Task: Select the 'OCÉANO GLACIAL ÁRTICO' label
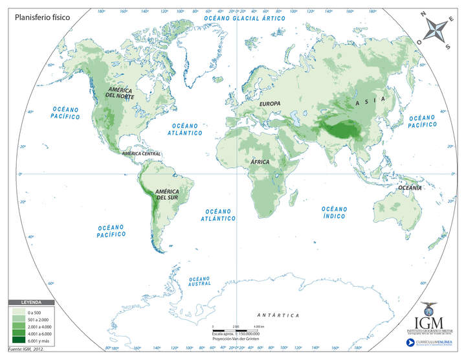pyautogui.click(x=245, y=19)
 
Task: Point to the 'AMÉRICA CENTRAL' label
pyautogui.click(x=137, y=154)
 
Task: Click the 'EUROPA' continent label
pyautogui.click(x=270, y=104)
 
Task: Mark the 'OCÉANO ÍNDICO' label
pyautogui.click(x=335, y=212)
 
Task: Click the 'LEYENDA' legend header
pyautogui.click(x=31, y=303)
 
